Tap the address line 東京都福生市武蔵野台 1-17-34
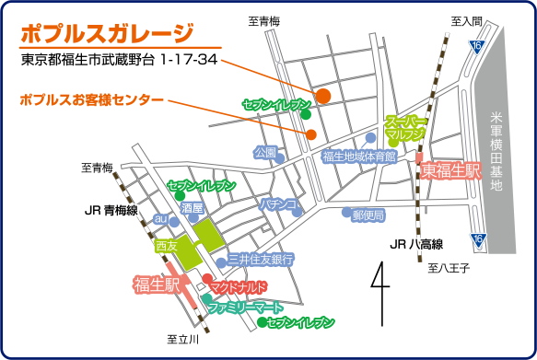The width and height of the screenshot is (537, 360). (x=119, y=60)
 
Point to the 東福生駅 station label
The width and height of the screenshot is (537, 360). (x=451, y=170)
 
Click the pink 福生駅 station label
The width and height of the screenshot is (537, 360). (x=157, y=282)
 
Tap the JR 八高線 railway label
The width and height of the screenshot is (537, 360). (x=416, y=244)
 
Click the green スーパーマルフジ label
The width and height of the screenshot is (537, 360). (x=405, y=127)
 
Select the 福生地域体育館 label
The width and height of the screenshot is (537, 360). (x=358, y=157)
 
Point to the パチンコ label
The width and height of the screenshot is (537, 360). (x=277, y=203)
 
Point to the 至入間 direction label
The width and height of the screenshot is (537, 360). (x=465, y=20)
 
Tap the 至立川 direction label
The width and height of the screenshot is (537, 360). (x=182, y=340)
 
